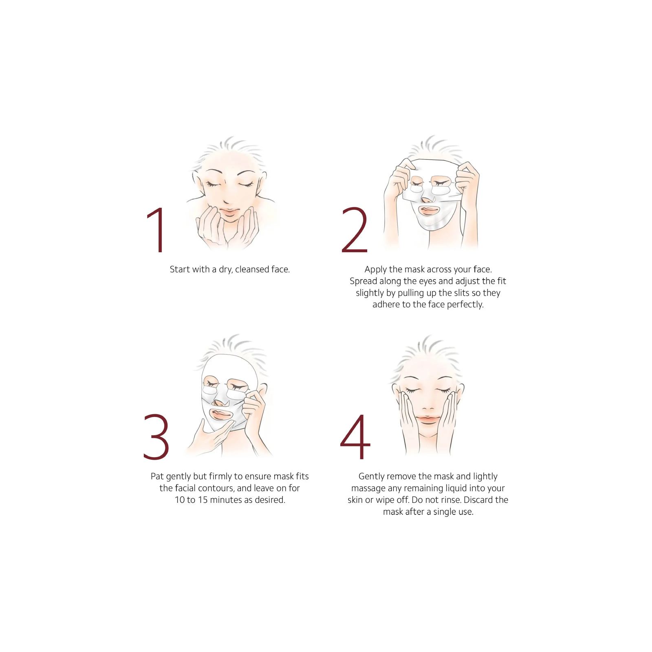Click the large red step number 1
click(157, 230)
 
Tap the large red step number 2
click(354, 230)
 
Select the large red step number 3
click(156, 437)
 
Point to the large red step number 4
click(355, 437)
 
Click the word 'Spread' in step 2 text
click(363, 281)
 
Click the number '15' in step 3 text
click(203, 500)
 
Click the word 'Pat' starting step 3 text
click(157, 476)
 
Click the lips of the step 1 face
click(229, 212)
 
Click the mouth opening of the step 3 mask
click(220, 414)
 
